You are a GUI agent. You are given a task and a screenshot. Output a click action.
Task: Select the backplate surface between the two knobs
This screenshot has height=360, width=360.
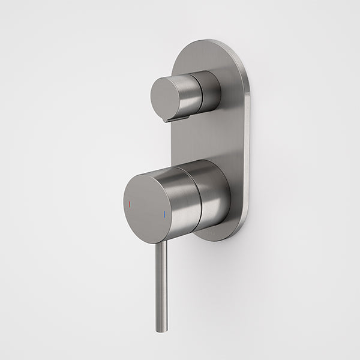click(x=204, y=138)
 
